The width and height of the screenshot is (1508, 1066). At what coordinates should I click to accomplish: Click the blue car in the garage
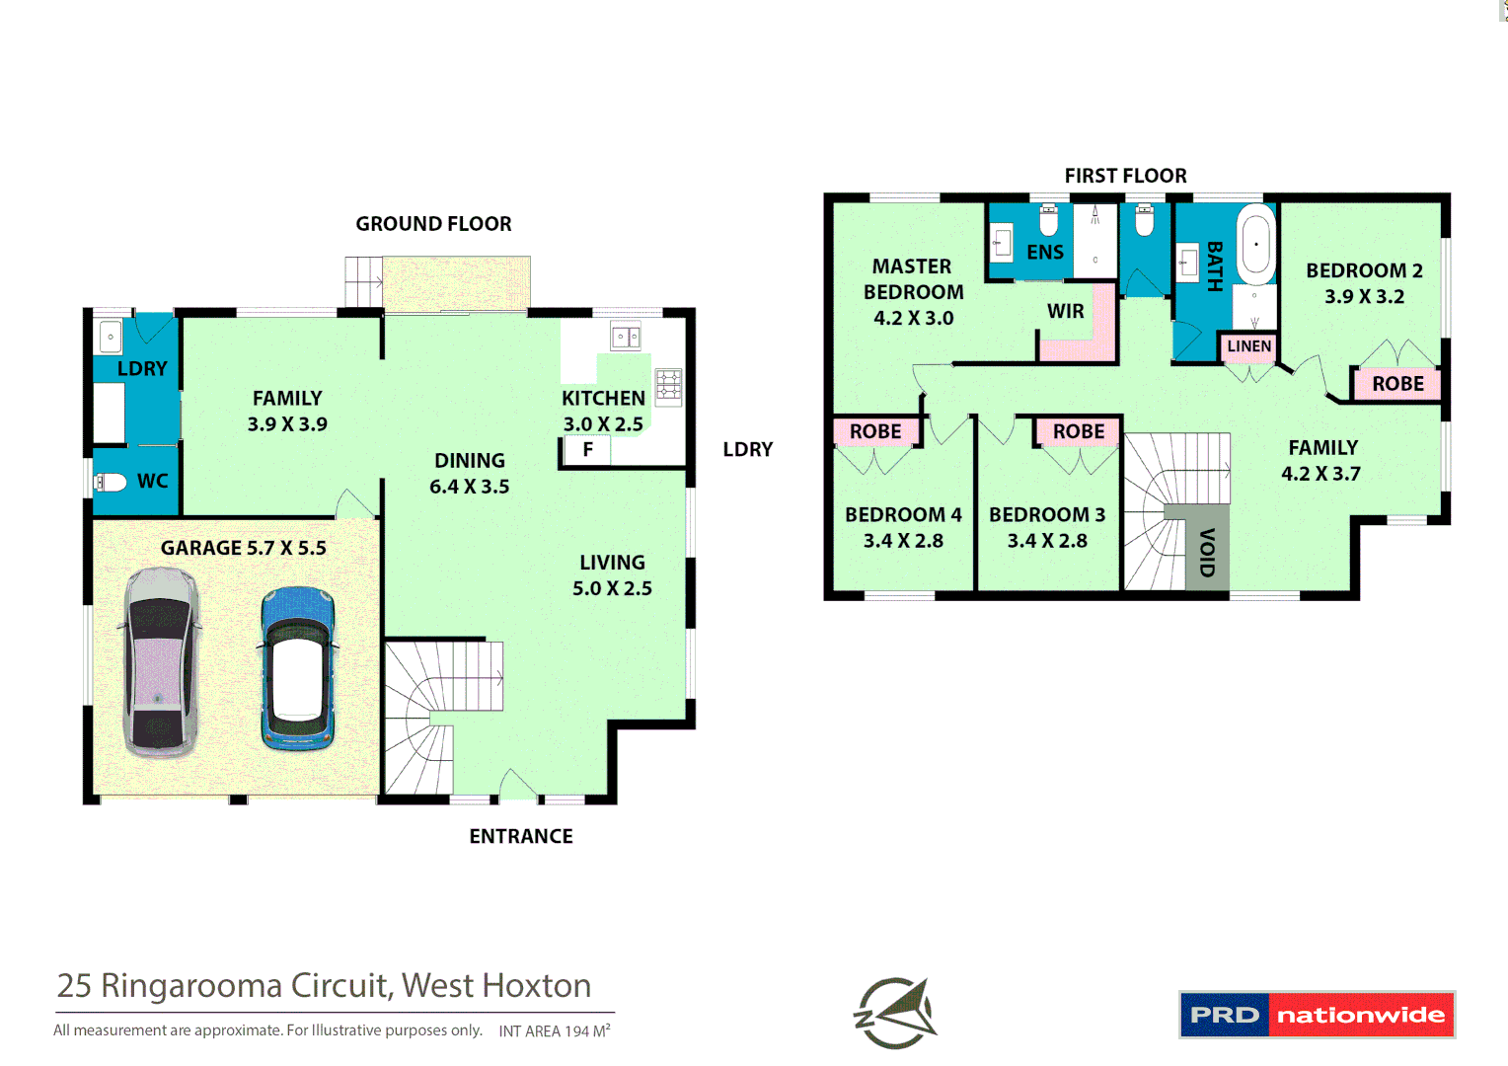[x=297, y=668]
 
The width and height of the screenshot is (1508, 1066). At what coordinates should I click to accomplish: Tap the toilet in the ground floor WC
[x=111, y=482]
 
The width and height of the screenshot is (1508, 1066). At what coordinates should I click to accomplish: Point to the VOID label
[x=1207, y=553]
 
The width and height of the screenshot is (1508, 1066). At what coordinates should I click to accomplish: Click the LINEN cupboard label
[x=1248, y=346]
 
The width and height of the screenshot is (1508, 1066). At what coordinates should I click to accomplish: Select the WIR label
[x=1065, y=311]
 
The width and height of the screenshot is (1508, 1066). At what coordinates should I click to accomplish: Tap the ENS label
[x=1045, y=253]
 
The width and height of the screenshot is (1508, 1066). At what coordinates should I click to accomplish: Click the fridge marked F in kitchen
[x=587, y=450]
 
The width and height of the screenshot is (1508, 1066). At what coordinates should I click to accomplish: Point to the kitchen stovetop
[x=668, y=386]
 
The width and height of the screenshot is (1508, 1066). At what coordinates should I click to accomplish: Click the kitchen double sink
[x=626, y=337]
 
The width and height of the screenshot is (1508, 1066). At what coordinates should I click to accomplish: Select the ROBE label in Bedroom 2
[x=1397, y=384]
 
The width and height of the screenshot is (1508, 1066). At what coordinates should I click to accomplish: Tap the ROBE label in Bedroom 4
[x=875, y=431]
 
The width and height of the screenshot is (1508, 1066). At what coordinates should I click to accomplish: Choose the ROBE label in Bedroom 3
[x=1078, y=431]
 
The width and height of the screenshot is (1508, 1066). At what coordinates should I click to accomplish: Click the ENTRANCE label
[x=521, y=836]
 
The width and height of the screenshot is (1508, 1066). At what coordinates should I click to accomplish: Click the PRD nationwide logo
[x=1317, y=1015]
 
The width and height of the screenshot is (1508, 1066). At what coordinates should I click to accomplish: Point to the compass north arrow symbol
[x=896, y=1013]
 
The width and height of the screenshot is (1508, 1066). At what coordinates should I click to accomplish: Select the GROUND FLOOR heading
[x=433, y=224]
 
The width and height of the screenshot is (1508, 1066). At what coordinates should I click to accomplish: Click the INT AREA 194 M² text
[x=554, y=1030]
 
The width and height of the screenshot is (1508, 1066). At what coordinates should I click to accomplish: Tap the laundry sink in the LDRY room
[x=110, y=337]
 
